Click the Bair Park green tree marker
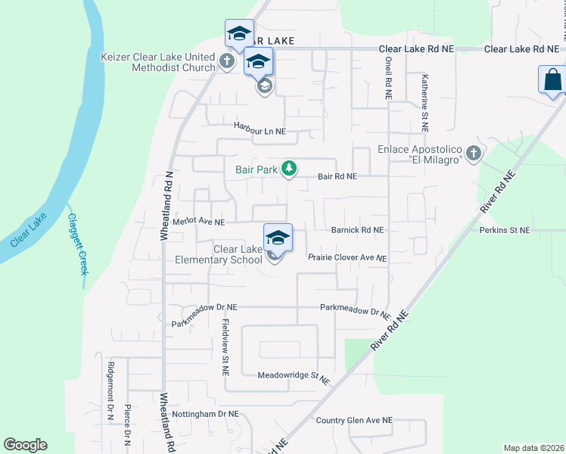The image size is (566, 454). tap(288, 168)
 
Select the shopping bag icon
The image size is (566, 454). tap(552, 79)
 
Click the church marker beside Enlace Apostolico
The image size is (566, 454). tap(474, 154)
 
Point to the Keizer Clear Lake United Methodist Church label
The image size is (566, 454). tap(158, 62)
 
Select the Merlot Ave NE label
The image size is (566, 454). tap(199, 222)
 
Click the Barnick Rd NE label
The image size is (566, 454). tap(357, 229)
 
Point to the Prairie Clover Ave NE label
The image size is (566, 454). tap(347, 258)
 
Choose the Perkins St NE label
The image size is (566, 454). tap(505, 229)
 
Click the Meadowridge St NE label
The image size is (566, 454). tap(294, 376)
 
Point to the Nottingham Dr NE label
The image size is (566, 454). tap(205, 414)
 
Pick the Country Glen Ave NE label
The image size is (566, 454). tap(354, 420)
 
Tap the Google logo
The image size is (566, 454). tap(25, 445)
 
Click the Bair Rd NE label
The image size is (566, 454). tap(337, 176)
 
